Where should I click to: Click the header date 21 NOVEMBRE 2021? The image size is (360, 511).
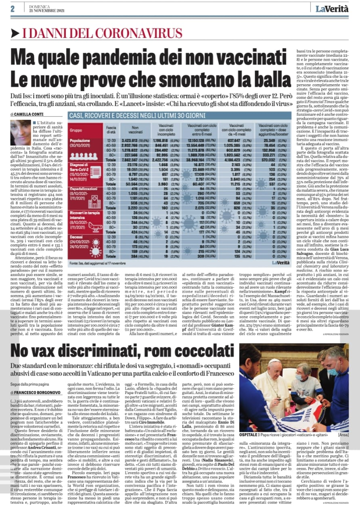point(45,10)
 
